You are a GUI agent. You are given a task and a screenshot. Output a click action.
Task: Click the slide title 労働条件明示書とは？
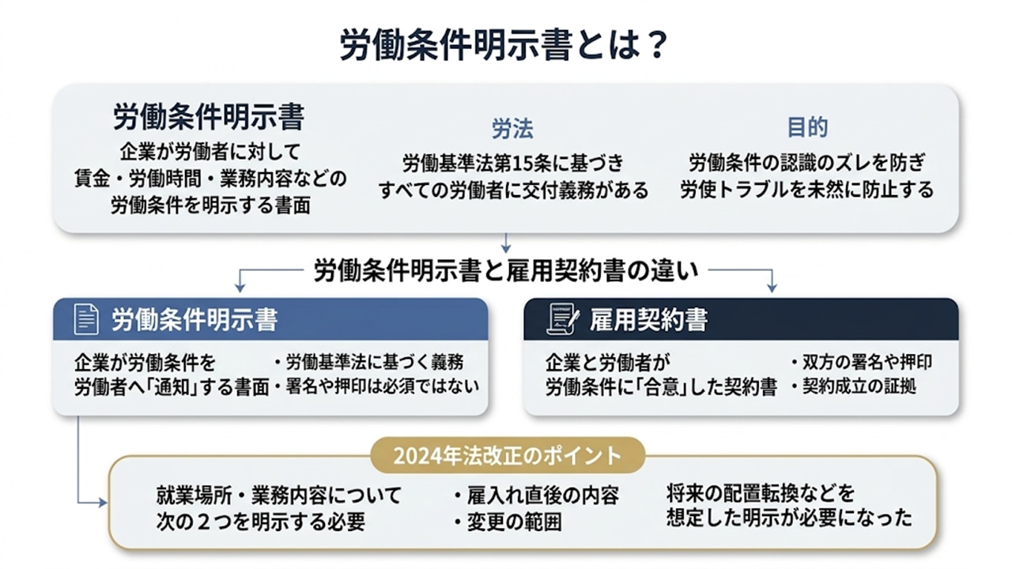point(505,46)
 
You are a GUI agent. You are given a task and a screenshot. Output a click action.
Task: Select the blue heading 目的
point(806,128)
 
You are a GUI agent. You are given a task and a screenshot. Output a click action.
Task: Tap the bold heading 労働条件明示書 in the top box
point(209,118)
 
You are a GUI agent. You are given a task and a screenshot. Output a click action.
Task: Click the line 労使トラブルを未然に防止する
point(806,190)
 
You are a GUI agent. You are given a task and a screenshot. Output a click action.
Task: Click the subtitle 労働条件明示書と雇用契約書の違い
point(506,271)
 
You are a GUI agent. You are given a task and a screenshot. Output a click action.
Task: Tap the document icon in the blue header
point(86,319)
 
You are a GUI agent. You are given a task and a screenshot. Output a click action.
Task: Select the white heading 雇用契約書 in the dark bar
point(648,319)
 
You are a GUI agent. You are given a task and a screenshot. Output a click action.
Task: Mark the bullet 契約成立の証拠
point(854,387)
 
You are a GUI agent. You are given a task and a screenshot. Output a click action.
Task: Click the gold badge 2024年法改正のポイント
point(507,455)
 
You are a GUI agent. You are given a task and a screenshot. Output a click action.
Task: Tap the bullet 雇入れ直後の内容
point(537,496)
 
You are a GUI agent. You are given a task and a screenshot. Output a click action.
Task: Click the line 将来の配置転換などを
point(761,494)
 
